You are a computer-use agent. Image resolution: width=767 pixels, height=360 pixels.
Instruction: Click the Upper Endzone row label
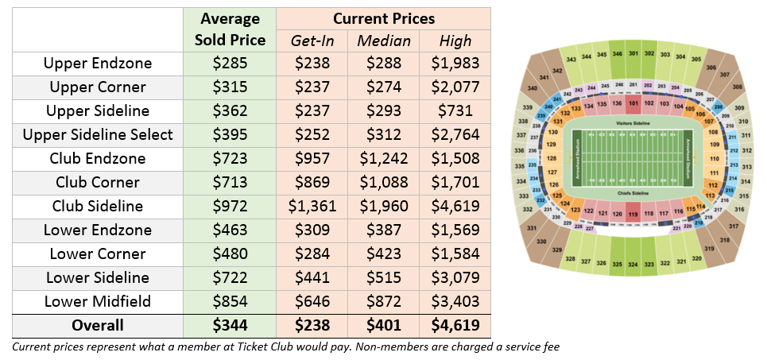(98, 63)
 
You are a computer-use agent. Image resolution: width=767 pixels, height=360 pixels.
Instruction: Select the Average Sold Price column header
(230, 29)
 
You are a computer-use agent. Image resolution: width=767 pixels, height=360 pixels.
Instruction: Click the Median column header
(384, 41)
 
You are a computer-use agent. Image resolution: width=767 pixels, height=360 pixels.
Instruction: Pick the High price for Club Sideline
(455, 206)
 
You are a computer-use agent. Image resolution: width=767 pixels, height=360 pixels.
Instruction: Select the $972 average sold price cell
(230, 206)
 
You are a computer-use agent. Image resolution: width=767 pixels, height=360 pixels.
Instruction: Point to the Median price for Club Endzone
(384, 158)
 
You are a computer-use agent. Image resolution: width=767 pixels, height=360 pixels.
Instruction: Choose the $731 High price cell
(455, 110)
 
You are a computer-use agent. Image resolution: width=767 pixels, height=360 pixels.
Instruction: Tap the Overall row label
(98, 325)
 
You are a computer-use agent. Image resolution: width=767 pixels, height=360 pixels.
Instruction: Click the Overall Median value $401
(384, 325)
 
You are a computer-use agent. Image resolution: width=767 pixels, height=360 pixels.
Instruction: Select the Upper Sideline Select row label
(98, 134)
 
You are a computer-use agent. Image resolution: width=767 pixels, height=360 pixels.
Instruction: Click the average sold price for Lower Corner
(230, 254)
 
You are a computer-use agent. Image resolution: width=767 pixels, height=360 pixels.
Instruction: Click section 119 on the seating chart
(633, 215)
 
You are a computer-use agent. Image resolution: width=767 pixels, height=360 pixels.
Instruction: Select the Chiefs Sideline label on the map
(633, 193)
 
